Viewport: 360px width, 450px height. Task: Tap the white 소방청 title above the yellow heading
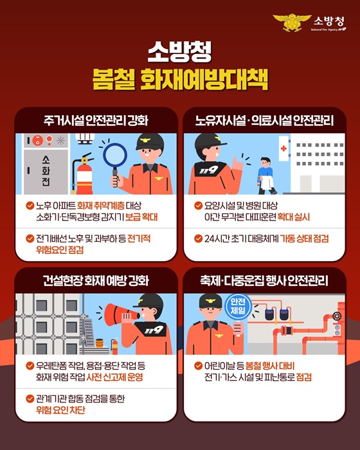(x=179, y=52)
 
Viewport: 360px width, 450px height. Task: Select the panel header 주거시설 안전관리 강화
(x=96, y=120)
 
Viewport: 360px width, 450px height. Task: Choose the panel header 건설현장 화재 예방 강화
(x=96, y=281)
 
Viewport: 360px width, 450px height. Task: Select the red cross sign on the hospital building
(x=283, y=148)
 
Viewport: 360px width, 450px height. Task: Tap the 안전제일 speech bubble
(x=237, y=305)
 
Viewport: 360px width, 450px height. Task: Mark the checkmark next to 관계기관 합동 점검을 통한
(x=30, y=398)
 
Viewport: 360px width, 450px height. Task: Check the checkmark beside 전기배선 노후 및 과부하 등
(x=30, y=238)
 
